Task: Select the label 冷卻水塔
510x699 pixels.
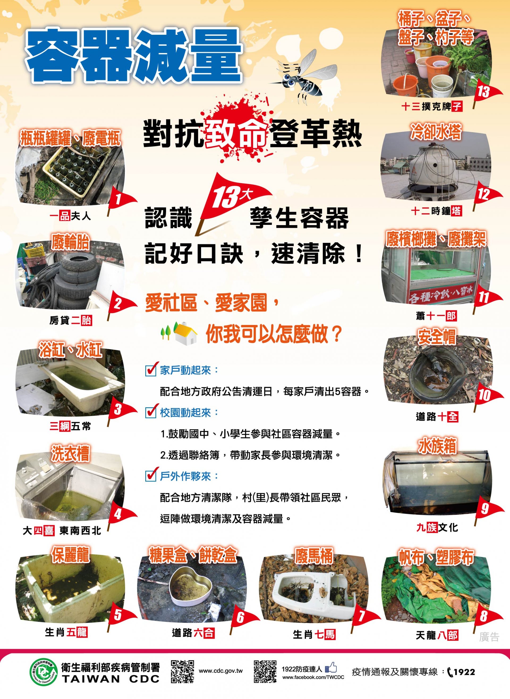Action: click(436, 132)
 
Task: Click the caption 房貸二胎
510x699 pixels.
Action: click(71, 320)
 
